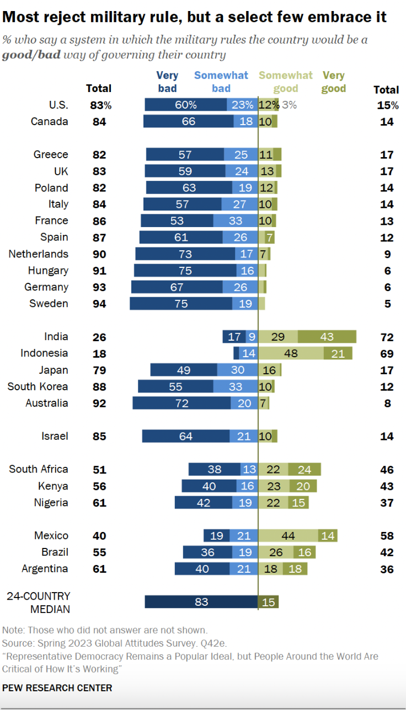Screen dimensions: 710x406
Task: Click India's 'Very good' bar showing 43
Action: (327, 337)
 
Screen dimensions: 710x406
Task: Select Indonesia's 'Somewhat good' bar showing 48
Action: (291, 353)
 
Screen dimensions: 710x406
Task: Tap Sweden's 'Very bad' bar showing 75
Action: (181, 304)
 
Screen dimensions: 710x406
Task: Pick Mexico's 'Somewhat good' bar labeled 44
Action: (288, 536)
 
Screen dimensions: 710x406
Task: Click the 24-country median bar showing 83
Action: (201, 602)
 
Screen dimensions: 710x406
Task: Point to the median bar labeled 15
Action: (269, 602)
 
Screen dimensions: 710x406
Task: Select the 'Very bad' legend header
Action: (167, 82)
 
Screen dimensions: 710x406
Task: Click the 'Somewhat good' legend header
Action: (285, 82)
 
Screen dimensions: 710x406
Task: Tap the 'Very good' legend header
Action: (334, 82)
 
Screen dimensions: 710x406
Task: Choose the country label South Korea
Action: (38, 386)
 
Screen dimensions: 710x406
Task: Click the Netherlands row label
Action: (39, 254)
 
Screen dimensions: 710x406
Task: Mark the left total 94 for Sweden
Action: (99, 304)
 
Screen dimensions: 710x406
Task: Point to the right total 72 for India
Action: (387, 337)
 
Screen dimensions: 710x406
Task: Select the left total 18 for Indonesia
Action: (99, 354)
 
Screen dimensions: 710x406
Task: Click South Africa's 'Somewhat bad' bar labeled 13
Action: (249, 470)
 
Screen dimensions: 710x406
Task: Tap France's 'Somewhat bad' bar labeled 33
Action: (236, 221)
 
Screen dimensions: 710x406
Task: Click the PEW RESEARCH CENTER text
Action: (57, 688)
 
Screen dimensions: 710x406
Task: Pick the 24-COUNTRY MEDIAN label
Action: (39, 603)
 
